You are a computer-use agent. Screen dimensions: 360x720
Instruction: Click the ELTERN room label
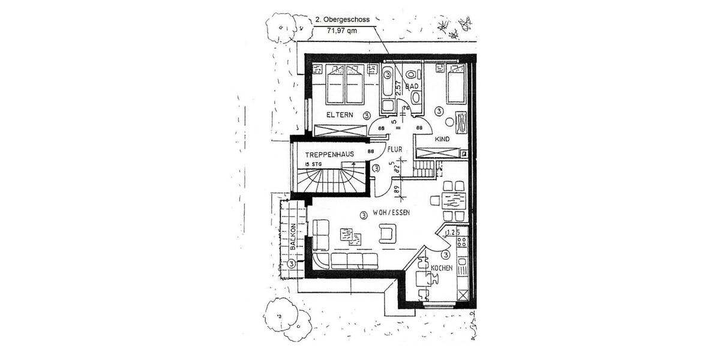340,114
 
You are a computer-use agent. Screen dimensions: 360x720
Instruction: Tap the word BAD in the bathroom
412,87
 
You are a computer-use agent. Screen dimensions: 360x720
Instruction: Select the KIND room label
442,139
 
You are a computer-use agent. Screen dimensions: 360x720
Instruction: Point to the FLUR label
394,151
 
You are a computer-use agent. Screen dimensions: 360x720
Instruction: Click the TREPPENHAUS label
328,154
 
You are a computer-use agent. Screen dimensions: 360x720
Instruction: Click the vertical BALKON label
293,237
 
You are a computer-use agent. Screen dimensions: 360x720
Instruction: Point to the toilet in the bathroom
411,75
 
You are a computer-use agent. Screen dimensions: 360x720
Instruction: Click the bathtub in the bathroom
387,82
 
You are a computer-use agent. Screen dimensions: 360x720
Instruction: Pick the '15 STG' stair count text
313,164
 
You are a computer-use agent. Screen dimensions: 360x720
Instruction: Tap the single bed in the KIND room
457,85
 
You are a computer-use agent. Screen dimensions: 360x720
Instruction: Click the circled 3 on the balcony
292,263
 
